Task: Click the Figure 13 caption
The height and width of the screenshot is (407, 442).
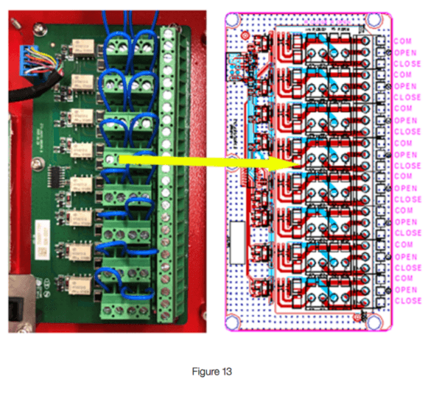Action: [212, 372]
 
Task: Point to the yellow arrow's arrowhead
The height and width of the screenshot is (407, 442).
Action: [290, 164]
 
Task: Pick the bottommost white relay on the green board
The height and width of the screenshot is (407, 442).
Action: [77, 283]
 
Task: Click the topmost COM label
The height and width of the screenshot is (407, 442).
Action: [403, 40]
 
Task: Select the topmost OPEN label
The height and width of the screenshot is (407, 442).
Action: [405, 52]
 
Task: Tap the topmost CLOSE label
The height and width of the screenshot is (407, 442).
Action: [407, 64]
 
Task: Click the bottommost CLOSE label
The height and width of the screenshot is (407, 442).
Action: [407, 301]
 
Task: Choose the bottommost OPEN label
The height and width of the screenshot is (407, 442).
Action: [405, 290]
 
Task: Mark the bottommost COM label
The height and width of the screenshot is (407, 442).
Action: [403, 278]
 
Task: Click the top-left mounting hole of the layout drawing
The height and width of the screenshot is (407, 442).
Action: [239, 20]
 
